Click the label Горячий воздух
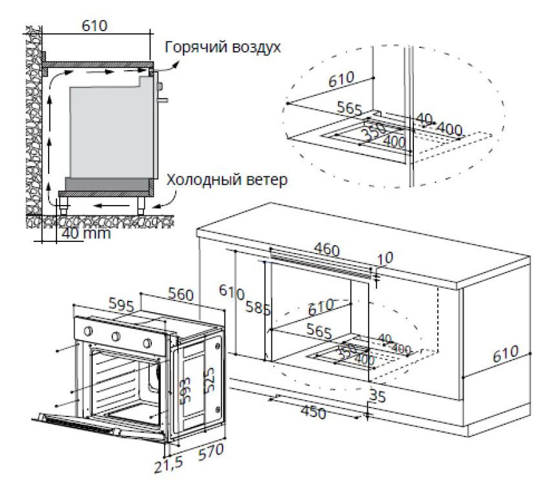coord(223,47)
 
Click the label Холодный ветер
coord(225,180)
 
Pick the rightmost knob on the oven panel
coord(147,342)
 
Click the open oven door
coord(97,426)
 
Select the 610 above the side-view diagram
coord(94,26)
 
